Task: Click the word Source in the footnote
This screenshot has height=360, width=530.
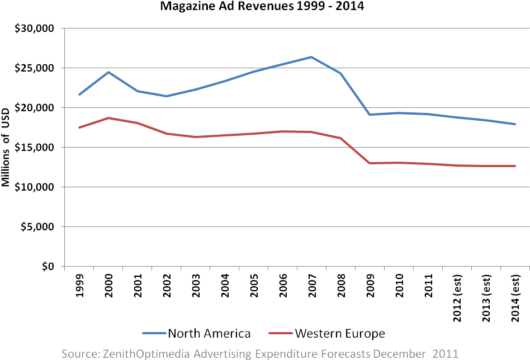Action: point(78,353)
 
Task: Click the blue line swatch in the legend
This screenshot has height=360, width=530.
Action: point(154,333)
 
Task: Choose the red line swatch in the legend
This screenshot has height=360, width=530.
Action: point(281,333)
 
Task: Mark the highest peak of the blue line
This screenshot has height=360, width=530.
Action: point(311,57)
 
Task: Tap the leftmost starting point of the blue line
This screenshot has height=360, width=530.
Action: point(79,94)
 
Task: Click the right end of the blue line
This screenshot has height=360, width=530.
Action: point(515,124)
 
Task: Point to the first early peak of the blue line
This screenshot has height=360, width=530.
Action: point(108,72)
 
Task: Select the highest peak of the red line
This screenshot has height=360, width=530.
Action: point(108,118)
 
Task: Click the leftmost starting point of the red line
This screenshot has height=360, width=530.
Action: point(79,127)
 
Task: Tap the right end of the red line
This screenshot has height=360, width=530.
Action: point(515,166)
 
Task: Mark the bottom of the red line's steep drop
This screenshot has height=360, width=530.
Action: point(370,163)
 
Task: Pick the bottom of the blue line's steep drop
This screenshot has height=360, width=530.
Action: point(370,115)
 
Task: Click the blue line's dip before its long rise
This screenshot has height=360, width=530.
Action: point(166,96)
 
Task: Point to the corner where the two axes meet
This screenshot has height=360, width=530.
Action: point(65,266)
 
